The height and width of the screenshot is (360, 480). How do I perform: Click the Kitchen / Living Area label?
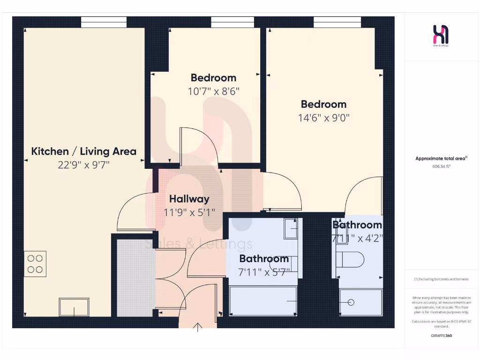coord(83,151)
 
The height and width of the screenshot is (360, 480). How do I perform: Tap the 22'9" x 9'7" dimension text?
coord(83,165)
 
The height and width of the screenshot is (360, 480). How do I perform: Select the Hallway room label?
coord(189,199)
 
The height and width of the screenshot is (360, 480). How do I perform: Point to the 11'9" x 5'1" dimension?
coord(189,212)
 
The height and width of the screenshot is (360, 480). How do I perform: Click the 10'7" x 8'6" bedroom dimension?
coord(213,91)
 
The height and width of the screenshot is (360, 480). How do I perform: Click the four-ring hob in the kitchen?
coord(36,263)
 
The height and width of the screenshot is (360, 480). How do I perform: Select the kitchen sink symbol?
coord(74,307)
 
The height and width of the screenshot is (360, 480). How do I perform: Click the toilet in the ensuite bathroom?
coord(352,259)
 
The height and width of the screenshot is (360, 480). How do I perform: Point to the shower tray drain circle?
coord(351,302)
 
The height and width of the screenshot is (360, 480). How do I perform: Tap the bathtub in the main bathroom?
coord(263,300)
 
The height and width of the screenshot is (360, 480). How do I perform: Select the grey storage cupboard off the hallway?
coord(135,277)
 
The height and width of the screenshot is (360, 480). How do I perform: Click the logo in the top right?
coord(441,35)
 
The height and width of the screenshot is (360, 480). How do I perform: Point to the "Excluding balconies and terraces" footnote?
coord(441,279)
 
